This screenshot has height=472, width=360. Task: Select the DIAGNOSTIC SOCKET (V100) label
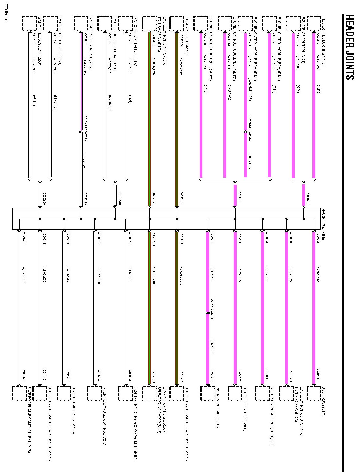pos(245,409)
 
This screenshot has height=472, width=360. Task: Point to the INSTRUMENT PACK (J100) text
pos(218,407)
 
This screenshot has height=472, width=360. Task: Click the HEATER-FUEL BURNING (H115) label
pos(323,41)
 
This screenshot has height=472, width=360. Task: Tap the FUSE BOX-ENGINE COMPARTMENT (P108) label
pos(29,419)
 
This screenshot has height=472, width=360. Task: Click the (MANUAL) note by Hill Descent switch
pos(55,103)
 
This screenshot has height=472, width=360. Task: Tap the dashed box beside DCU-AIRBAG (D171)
pos(314,393)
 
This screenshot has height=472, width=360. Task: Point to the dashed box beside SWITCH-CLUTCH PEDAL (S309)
pos(125,24)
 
